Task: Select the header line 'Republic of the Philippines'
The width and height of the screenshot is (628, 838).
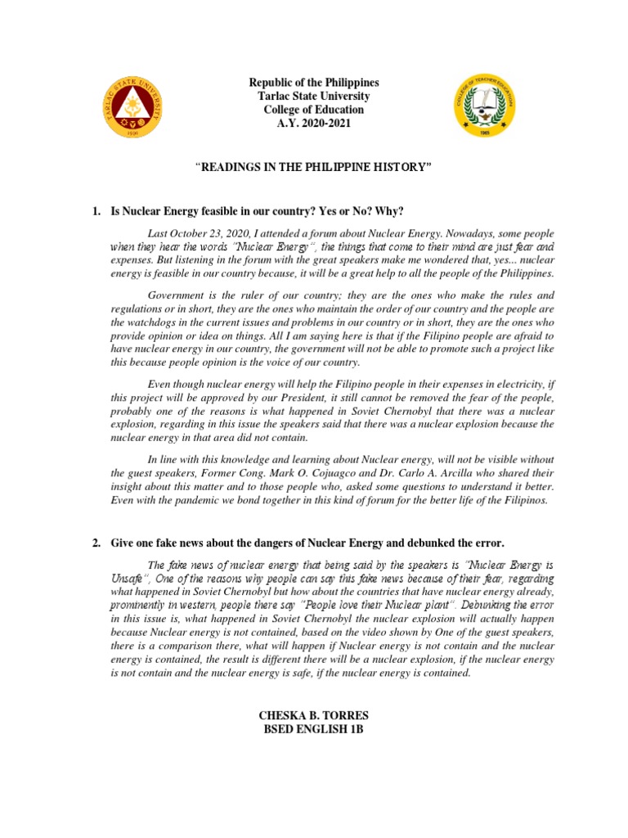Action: pyautogui.click(x=314, y=83)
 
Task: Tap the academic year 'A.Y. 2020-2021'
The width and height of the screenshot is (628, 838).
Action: pyautogui.click(x=314, y=123)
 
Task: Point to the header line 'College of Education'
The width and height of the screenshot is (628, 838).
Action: pyautogui.click(x=314, y=110)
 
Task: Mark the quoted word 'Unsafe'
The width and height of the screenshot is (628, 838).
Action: pyautogui.click(x=128, y=577)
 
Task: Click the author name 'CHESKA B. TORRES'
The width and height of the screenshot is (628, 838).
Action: pyautogui.click(x=314, y=715)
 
